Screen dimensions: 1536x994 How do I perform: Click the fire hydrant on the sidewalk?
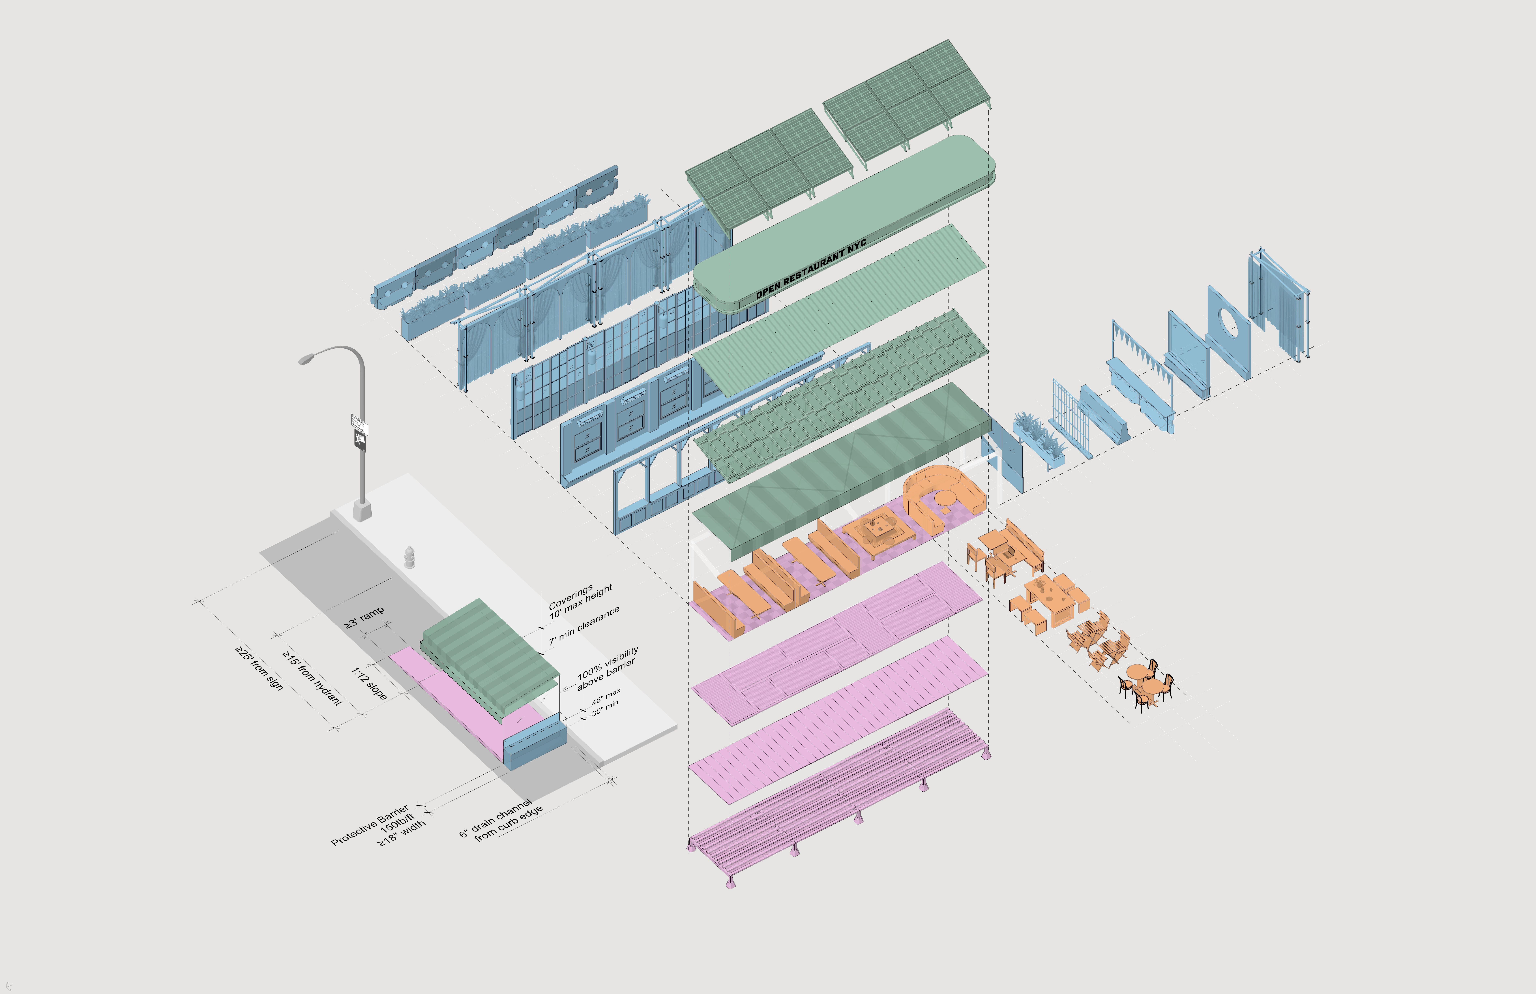point(409,557)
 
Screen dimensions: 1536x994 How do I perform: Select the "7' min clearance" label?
point(584,626)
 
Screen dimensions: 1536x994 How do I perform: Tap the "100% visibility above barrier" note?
point(607,667)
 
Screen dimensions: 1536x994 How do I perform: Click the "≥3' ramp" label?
point(364,616)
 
